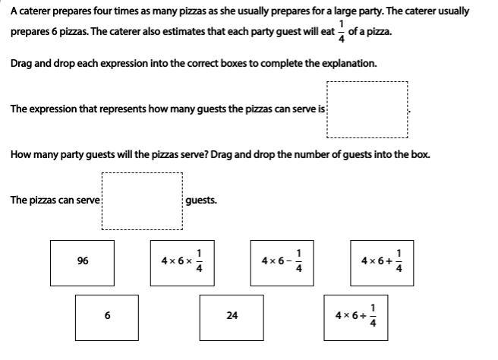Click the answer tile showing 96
pyautogui.click(x=83, y=262)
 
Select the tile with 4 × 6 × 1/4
pyautogui.click(x=182, y=262)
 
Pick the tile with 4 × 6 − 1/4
pyautogui.click(x=282, y=262)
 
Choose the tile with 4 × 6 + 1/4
pyautogui.click(x=382, y=262)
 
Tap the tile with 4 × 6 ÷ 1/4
pyautogui.click(x=356, y=317)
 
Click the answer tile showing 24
pyautogui.click(x=232, y=317)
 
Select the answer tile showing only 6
pyautogui.click(x=107, y=317)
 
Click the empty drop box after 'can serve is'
pyautogui.click(x=367, y=110)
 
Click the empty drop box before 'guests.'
pyautogui.click(x=143, y=201)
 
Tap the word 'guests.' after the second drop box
pyautogui.click(x=201, y=201)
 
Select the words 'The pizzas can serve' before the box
pyautogui.click(x=55, y=201)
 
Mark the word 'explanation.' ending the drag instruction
pyautogui.click(x=350, y=64)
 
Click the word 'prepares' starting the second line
pyautogui.click(x=29, y=33)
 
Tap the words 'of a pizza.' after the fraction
pyautogui.click(x=370, y=33)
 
